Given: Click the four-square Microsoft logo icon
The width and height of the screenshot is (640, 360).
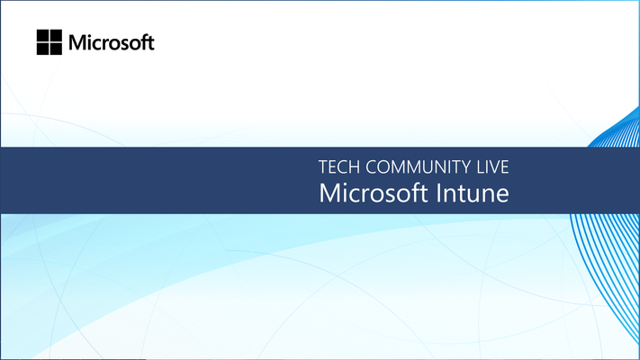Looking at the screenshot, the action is [x=50, y=42].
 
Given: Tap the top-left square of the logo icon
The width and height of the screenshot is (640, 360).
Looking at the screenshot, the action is [x=43, y=35].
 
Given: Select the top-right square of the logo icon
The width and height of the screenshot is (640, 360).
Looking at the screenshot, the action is [x=56, y=35].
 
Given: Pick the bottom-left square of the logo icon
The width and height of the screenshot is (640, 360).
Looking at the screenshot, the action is [x=43, y=49].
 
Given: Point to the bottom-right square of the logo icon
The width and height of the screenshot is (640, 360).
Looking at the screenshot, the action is [x=56, y=49].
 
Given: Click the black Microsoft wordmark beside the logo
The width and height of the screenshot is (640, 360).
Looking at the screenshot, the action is [x=112, y=42].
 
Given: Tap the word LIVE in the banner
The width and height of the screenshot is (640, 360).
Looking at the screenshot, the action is [x=492, y=167].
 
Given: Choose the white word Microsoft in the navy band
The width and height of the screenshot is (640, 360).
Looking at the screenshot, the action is [x=373, y=193].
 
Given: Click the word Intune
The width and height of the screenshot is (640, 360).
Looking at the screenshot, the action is [x=473, y=193].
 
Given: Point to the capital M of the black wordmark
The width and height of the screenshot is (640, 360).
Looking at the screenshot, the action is [x=77, y=43].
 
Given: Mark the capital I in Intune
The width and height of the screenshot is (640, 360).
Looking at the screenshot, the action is [x=438, y=193].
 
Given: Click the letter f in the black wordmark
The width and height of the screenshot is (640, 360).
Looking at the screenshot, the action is [x=144, y=42].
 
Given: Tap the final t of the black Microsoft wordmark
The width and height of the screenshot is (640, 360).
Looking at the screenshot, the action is [x=150, y=44].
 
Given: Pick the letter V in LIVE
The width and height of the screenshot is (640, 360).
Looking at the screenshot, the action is [x=491, y=167].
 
